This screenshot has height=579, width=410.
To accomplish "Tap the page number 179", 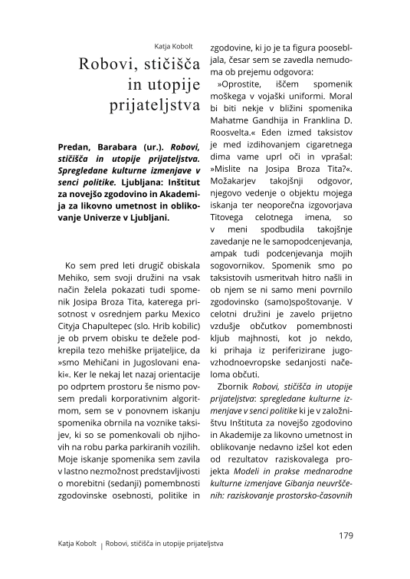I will [344, 535].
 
